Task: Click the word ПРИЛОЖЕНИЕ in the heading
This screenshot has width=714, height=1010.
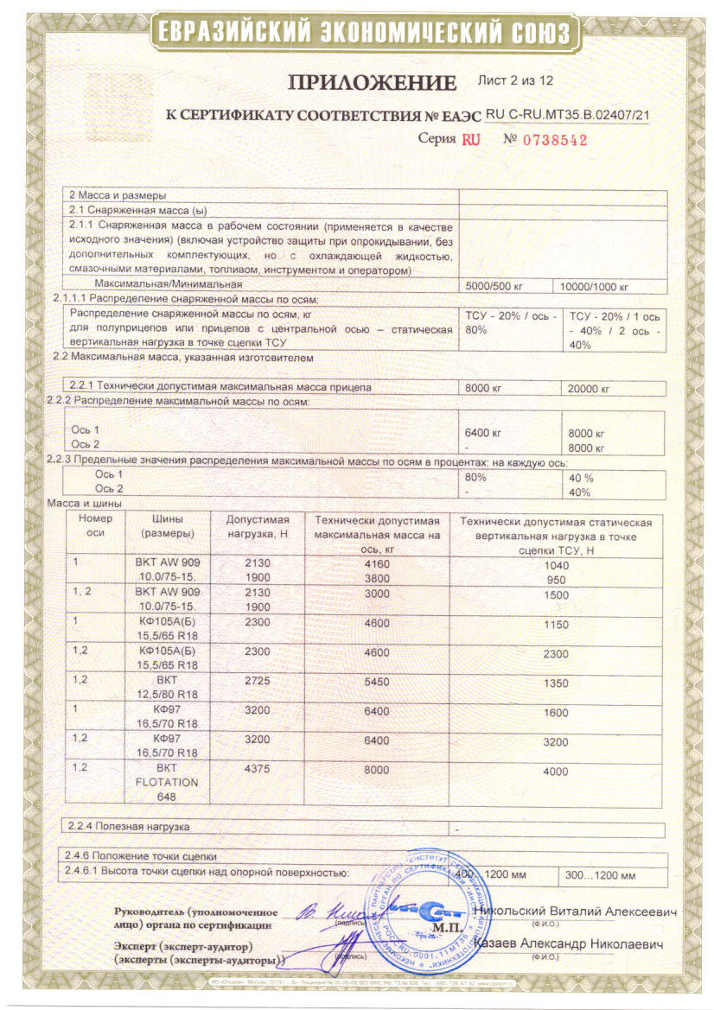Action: pos(372,83)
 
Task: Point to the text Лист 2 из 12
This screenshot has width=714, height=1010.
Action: pos(515,80)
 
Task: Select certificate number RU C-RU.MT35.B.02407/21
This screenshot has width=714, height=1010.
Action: pos(568,114)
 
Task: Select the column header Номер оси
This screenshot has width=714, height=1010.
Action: pos(95,527)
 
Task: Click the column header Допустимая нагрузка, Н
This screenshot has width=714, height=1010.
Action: pos(257,527)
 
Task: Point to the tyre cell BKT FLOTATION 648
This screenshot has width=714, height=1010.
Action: pos(167,782)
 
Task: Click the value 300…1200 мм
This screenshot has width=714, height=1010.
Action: pos(600,875)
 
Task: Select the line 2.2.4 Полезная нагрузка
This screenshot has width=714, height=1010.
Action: pos(129,827)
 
